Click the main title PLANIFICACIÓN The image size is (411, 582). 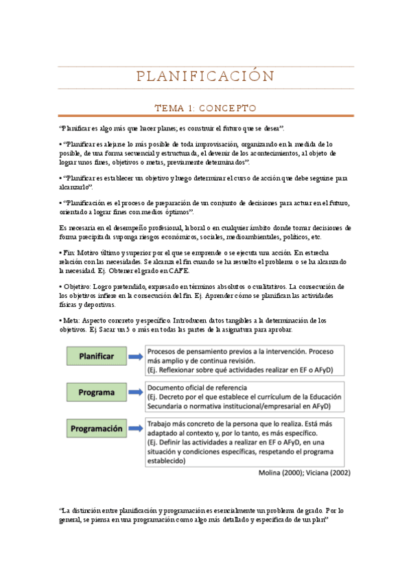point(205,76)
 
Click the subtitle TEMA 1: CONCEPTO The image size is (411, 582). point(205,108)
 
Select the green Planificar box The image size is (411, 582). point(96,356)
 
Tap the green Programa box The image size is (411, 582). point(96,393)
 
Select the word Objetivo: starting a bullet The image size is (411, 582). point(79,286)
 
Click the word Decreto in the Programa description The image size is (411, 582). point(173,397)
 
